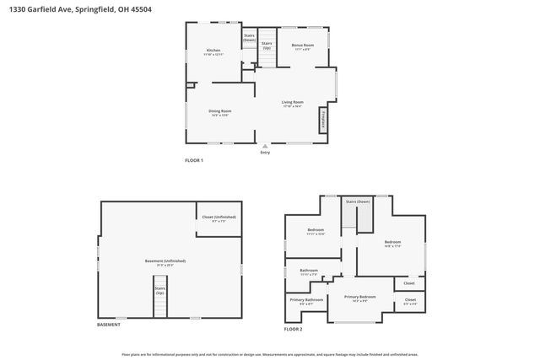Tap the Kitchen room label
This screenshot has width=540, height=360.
click(213, 52)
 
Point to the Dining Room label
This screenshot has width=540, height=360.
click(220, 113)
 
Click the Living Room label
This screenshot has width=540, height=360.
click(293, 104)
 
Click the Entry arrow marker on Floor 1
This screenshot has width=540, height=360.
click(265, 146)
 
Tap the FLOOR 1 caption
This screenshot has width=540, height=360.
click(194, 160)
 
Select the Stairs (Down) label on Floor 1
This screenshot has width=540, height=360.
click(249, 37)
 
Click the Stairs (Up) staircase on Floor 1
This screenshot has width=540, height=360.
click(267, 55)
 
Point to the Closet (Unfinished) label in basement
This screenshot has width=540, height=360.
click(219, 218)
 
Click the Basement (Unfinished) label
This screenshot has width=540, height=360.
click(165, 262)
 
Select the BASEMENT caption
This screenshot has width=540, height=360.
click(108, 325)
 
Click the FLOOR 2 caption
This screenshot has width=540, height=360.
click(293, 329)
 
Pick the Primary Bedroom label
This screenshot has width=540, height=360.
click(360, 298)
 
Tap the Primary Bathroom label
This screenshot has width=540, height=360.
click(307, 301)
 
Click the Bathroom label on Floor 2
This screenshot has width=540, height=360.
click(309, 271)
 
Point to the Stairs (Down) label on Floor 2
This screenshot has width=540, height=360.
click(358, 202)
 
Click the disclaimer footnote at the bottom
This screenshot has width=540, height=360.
click(270, 354)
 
